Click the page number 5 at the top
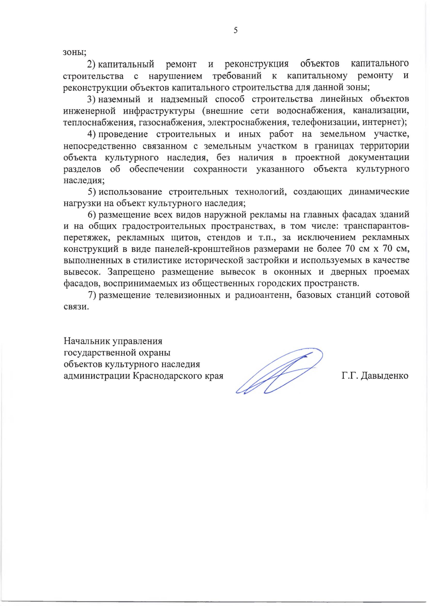click(x=235, y=30)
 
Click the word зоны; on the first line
click(x=75, y=52)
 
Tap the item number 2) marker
click(x=91, y=64)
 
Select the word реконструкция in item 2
click(x=256, y=64)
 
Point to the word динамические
click(x=379, y=192)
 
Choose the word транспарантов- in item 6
click(x=376, y=226)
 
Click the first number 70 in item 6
click(x=350, y=249)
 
